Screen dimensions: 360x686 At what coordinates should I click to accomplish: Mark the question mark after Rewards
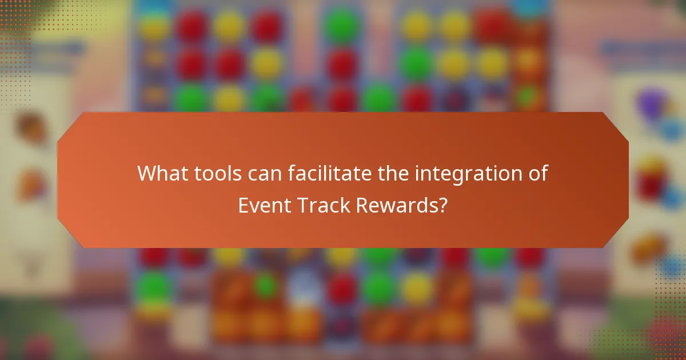[x=442, y=205]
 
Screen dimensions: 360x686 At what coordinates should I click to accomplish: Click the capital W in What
[x=145, y=173]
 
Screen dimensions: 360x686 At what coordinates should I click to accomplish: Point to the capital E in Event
[x=243, y=205]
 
